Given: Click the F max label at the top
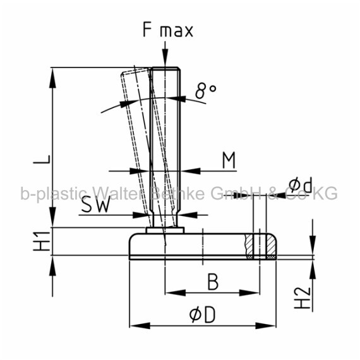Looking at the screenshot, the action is (x=168, y=30).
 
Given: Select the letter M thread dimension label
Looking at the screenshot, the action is (x=229, y=160).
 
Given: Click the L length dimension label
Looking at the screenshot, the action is (x=42, y=159).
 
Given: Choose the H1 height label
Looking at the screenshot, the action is (x=42, y=241).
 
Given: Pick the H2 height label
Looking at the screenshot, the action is (x=303, y=297).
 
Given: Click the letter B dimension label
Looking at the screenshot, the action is (x=213, y=282).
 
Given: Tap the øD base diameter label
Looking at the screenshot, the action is (x=203, y=315).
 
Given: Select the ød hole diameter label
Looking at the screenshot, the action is (x=301, y=184).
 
